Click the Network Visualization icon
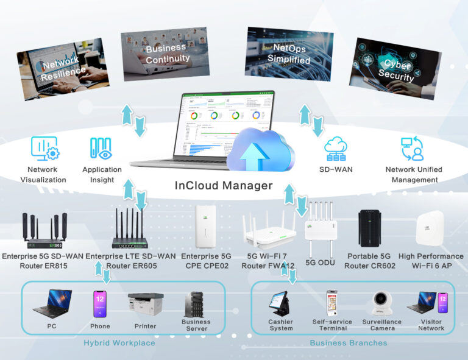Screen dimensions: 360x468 (x=44, y=149)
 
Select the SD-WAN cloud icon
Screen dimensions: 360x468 (x=336, y=149)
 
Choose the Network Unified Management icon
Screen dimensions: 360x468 (x=413, y=149)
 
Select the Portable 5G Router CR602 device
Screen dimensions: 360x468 (x=371, y=228)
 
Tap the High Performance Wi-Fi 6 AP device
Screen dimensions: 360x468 (x=430, y=228)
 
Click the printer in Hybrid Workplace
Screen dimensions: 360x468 (x=146, y=304)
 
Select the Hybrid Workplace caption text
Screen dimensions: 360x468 (x=119, y=343)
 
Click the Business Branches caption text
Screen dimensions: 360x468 (x=349, y=343)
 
